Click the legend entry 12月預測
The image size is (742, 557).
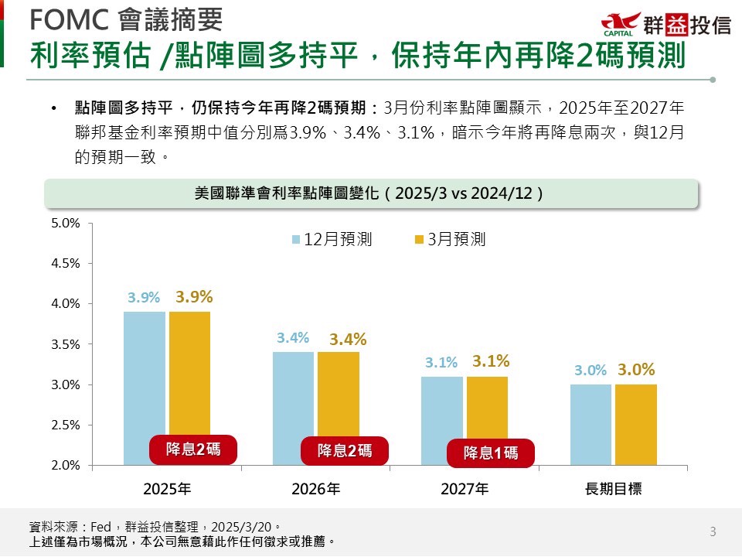tap(332, 239)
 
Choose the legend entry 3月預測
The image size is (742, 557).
tap(450, 239)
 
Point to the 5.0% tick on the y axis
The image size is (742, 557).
tap(66, 223)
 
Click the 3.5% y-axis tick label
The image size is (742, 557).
tap(66, 344)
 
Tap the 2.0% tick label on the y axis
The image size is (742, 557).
tap(66, 465)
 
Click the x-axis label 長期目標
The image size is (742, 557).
tap(614, 489)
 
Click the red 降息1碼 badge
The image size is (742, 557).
tap(491, 453)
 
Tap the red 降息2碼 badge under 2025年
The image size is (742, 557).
tap(192, 449)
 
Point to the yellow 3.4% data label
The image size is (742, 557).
tap(348, 339)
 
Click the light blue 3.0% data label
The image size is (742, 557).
tap(591, 371)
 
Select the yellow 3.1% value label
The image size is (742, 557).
tap(491, 361)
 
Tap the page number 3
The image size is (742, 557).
tap(713, 531)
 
